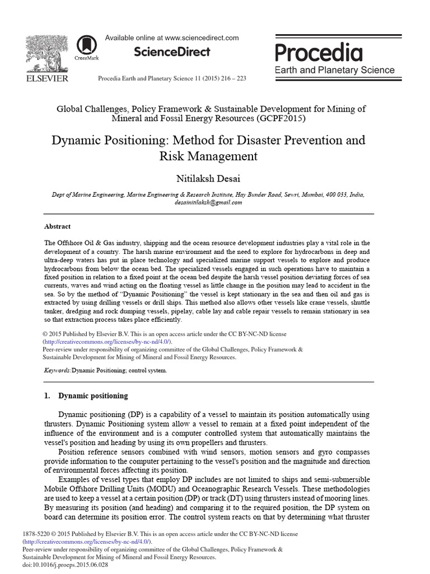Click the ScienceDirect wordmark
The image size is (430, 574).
point(172,52)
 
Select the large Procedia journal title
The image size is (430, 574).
point(318,53)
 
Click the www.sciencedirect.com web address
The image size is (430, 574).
point(202,38)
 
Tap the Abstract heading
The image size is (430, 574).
point(57,226)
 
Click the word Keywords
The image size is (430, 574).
point(57,371)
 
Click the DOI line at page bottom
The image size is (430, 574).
point(66,565)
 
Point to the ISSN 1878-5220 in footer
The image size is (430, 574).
point(35,534)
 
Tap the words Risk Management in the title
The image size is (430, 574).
point(208,156)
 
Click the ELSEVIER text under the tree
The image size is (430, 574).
point(47,78)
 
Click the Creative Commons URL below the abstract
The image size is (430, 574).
point(107,341)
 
